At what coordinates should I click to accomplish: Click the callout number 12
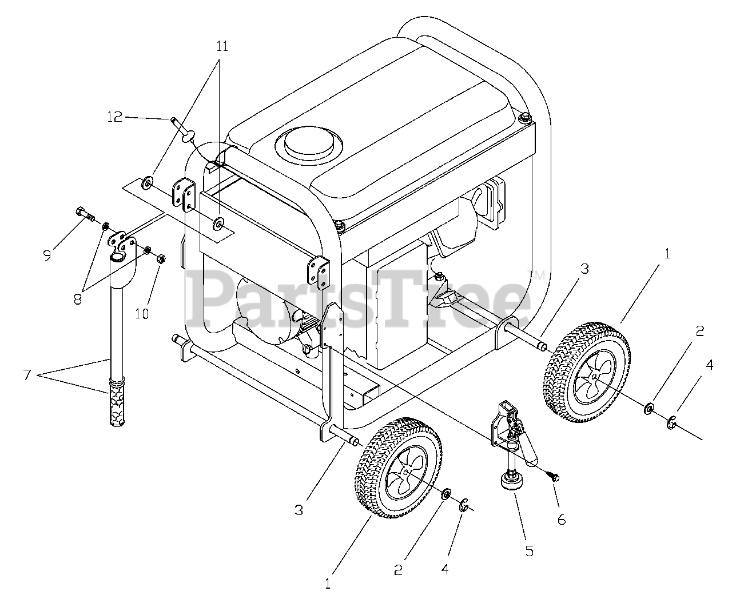click(x=114, y=117)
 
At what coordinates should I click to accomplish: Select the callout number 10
click(x=142, y=313)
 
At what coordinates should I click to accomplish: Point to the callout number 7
click(x=26, y=375)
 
